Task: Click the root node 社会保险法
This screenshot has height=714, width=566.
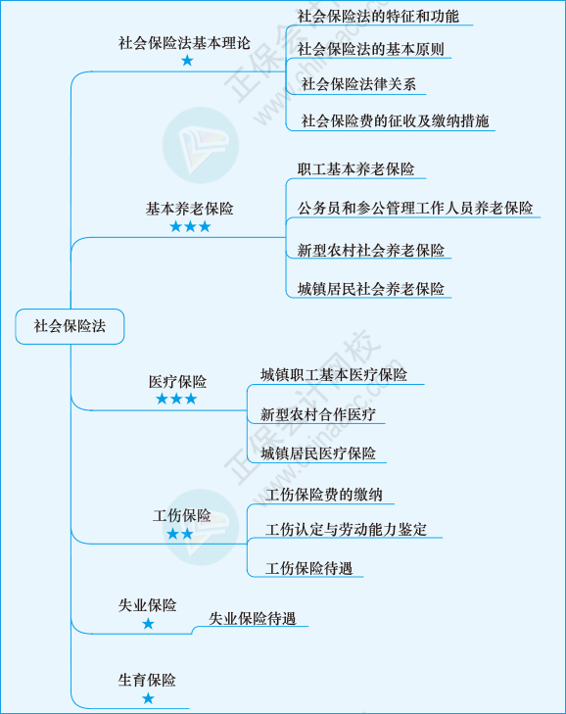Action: [70, 326]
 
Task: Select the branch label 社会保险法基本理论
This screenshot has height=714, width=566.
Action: [184, 43]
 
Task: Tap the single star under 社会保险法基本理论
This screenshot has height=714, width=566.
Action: [187, 61]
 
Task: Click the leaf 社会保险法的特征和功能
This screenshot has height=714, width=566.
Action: [378, 17]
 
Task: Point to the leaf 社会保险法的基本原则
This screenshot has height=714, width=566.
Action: [371, 49]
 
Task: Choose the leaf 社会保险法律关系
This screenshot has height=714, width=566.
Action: [358, 84]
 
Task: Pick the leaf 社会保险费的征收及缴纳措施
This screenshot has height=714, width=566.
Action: [395, 121]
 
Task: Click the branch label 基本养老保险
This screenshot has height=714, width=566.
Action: [189, 209]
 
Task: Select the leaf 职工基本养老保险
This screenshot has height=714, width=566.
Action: [356, 169]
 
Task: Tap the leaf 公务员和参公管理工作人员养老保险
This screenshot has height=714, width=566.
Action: [415, 208]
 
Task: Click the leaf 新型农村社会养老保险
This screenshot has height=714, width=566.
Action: [371, 250]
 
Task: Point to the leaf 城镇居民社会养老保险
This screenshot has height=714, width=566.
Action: [371, 289]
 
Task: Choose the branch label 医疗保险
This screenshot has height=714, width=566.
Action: [177, 382]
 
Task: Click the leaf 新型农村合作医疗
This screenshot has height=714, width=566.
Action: [318, 414]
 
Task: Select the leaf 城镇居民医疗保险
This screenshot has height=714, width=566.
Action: [318, 453]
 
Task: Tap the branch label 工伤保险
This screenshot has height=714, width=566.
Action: [182, 515]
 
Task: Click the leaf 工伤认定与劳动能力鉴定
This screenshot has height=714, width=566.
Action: [346, 529]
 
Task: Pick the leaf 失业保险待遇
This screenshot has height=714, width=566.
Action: [253, 618]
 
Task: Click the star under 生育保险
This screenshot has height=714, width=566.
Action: [148, 698]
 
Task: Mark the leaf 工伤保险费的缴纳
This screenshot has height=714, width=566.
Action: [324, 495]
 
